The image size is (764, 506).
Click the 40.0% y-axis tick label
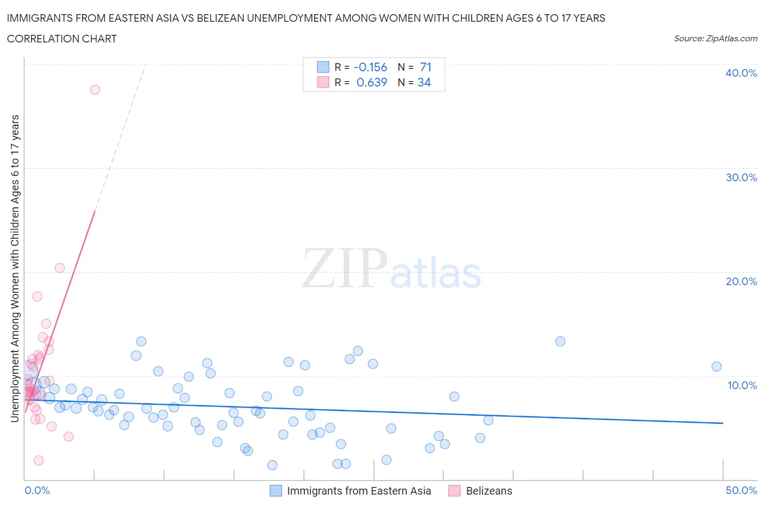741,73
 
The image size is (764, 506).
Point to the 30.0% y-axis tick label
741,177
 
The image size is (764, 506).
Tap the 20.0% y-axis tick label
741,281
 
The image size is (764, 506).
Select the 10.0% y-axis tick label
742,385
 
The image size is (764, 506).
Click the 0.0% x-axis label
37,490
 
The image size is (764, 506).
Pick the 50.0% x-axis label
741,490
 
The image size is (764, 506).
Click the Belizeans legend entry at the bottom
489,491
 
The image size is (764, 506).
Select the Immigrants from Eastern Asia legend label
359,491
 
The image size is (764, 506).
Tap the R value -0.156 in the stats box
370,67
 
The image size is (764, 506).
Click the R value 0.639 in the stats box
372,82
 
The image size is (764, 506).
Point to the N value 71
425,67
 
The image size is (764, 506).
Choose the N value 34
424,82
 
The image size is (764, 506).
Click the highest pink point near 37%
95,90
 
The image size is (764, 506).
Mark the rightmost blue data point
716,367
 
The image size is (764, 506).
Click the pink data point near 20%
60,268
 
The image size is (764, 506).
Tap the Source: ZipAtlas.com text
715,39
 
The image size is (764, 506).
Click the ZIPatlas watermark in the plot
391,269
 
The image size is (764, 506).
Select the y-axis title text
15,268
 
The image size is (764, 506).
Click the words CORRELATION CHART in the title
62,39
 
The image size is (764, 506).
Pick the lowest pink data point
39,460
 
